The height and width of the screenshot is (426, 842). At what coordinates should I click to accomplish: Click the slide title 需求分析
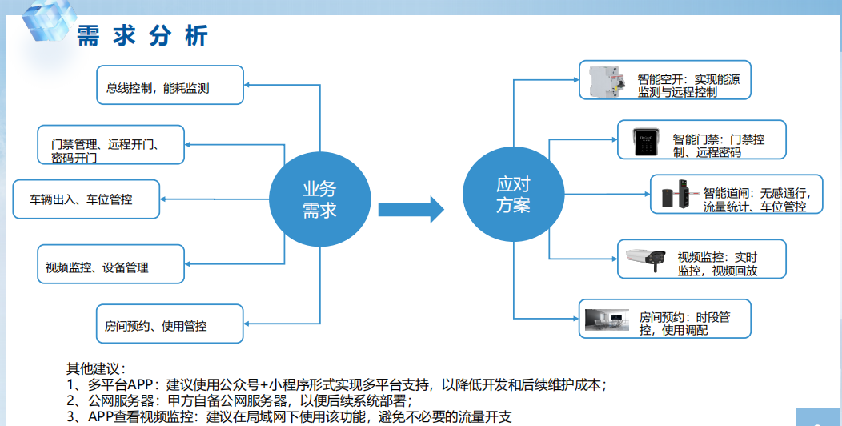point(142,36)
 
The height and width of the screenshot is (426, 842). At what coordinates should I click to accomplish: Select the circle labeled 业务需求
point(319,199)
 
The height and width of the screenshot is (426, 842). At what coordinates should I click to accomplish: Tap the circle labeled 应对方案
point(513,194)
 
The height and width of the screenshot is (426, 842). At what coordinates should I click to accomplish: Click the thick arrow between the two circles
point(411,209)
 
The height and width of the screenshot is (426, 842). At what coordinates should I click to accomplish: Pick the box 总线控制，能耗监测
point(170,85)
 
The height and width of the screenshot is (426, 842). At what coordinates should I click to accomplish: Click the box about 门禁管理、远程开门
point(110,144)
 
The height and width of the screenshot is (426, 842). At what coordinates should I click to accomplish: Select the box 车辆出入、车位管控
point(86,199)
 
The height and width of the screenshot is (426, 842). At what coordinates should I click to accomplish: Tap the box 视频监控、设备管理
point(110,263)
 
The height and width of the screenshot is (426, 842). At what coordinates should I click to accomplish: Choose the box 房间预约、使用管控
point(170,324)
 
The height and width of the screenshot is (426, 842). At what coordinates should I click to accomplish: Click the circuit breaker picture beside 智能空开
point(606,81)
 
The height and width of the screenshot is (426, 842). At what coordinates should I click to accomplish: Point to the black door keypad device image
point(645,142)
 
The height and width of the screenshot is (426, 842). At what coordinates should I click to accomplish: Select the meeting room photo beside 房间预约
point(607,319)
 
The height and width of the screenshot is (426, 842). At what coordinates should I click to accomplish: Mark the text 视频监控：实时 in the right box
point(717,257)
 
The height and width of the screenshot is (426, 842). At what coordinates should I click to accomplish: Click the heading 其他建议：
point(96,368)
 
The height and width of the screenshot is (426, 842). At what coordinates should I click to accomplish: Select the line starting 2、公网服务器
point(239,400)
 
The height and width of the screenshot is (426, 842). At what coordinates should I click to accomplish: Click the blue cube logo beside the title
point(48,19)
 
